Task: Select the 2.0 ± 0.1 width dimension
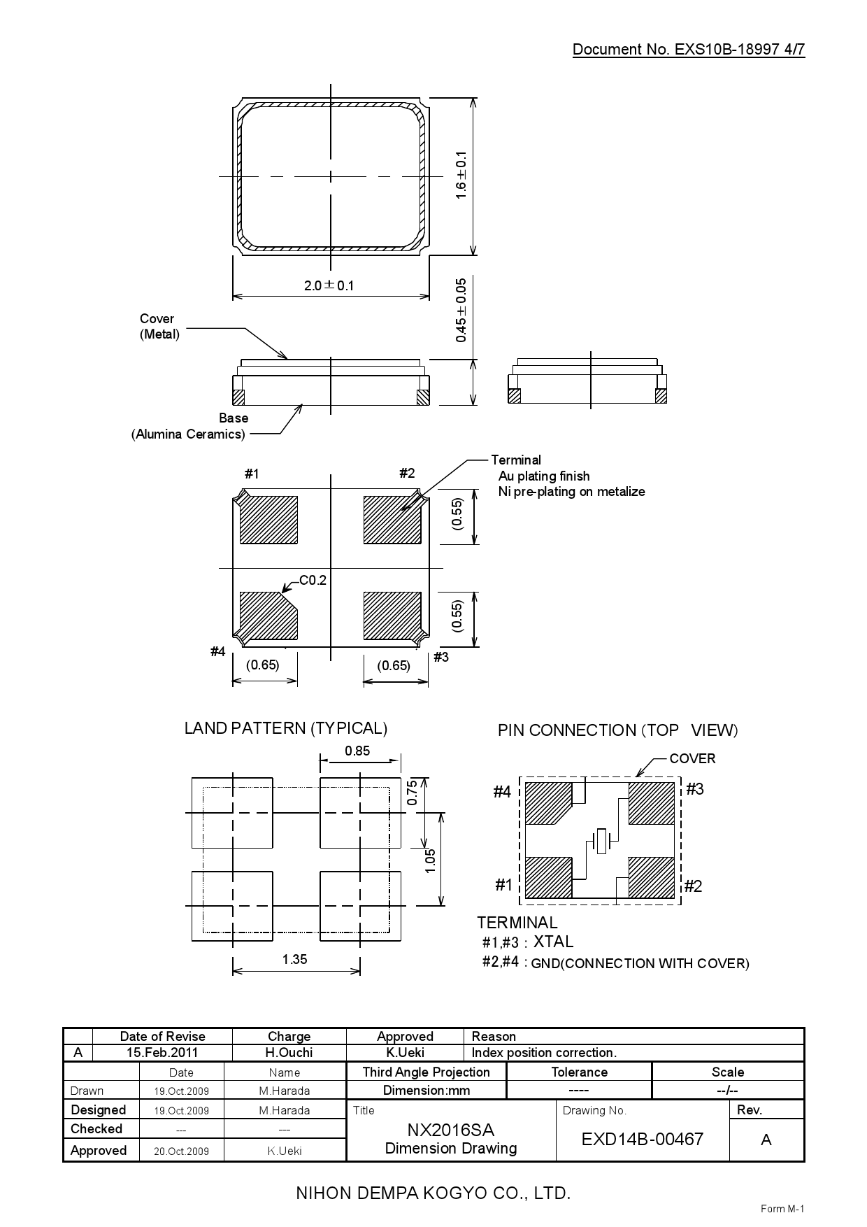coord(329,285)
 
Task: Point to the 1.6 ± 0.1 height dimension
coord(461,176)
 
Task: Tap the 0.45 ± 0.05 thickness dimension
coord(461,310)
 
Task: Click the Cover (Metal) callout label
coord(159,326)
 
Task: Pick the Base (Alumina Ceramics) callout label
coord(189,426)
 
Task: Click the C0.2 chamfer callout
coord(313,580)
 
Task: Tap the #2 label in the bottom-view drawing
coord(407,474)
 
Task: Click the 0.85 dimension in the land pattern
coord(357,751)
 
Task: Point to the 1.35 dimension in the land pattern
coord(294,959)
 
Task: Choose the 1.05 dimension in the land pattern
coord(430,860)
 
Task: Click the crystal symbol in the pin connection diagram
coord(600,840)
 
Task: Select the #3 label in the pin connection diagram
coord(694,789)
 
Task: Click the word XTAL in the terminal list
coord(553,942)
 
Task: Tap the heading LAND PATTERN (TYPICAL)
coord(285,728)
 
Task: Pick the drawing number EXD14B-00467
coord(642,1139)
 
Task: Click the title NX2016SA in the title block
coord(450,1130)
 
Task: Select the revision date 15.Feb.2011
coord(162,1053)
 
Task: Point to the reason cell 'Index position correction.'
coord(544,1053)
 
